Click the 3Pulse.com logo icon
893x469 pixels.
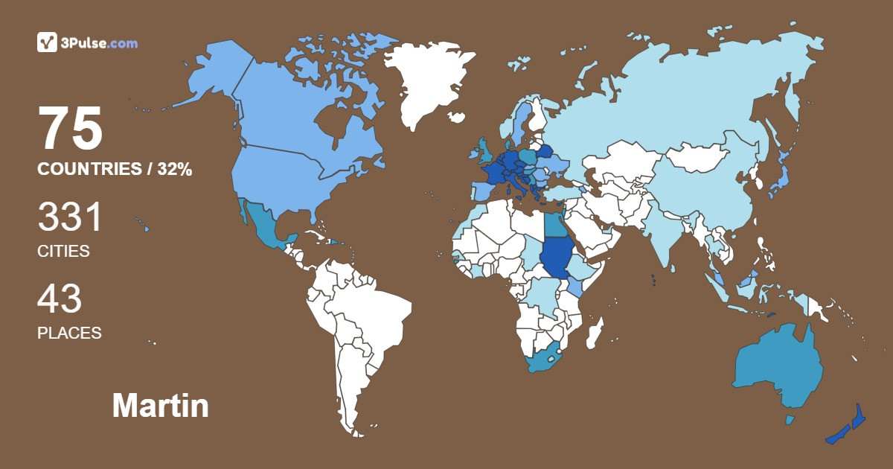(x=47, y=42)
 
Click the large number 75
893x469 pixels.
(x=70, y=129)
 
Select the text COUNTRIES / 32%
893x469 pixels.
(x=115, y=170)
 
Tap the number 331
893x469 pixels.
(x=70, y=218)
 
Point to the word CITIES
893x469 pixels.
(x=63, y=252)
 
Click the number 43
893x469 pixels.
(x=60, y=299)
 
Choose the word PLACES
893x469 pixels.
(x=69, y=334)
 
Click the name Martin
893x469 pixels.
(x=160, y=406)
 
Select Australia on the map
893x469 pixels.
(x=778, y=368)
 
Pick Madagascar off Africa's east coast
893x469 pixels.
(x=594, y=333)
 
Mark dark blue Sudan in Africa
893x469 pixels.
(x=554, y=257)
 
